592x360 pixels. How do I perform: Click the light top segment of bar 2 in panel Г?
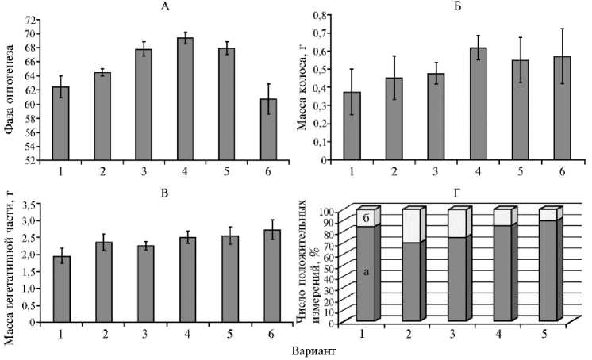tap(410, 227)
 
